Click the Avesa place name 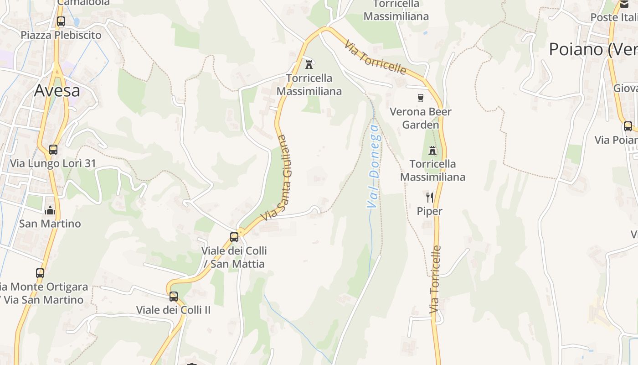pos(57,90)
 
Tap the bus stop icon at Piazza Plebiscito pos(61,21)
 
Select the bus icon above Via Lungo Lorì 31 pos(53,150)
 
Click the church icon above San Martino pos(50,210)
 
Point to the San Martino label pos(50,224)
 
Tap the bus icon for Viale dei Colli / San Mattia pos(234,237)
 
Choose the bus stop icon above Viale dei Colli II pos(174,297)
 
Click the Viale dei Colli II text pos(174,310)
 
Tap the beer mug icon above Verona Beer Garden pos(421,98)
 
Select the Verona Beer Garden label pos(421,118)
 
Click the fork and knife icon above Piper pos(429,197)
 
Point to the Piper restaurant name pos(430,211)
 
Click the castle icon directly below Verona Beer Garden pos(432,150)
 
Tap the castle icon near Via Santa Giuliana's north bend pos(309,64)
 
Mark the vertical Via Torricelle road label pos(436,279)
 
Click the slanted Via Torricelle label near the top pos(375,57)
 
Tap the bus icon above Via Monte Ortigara pos(40,273)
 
